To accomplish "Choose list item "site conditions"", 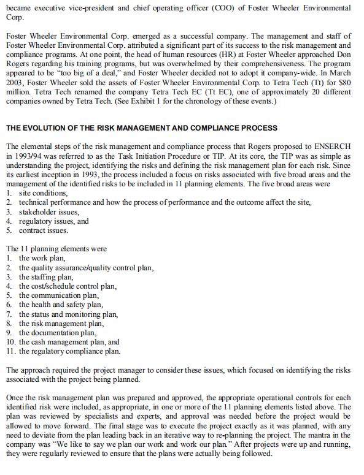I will tap(39, 194).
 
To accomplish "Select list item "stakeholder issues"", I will tap(45, 212).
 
